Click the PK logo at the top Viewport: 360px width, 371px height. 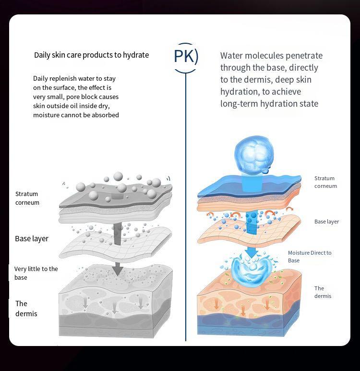(185, 57)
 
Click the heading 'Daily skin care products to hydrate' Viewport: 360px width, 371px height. (91, 55)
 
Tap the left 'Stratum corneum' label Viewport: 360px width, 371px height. (27, 198)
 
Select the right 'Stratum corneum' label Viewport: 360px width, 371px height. (325, 182)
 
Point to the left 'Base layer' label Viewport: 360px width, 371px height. (32, 238)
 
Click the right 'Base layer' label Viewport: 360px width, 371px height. (326, 222)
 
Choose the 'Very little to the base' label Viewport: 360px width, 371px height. (36, 273)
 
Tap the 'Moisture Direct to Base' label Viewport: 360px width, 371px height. (310, 256)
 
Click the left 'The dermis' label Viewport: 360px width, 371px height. (26, 309)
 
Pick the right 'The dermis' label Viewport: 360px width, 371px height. (323, 292)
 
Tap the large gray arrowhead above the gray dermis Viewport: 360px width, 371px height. (117, 270)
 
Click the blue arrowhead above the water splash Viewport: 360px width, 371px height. (250, 252)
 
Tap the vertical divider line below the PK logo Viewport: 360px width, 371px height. (185, 202)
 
